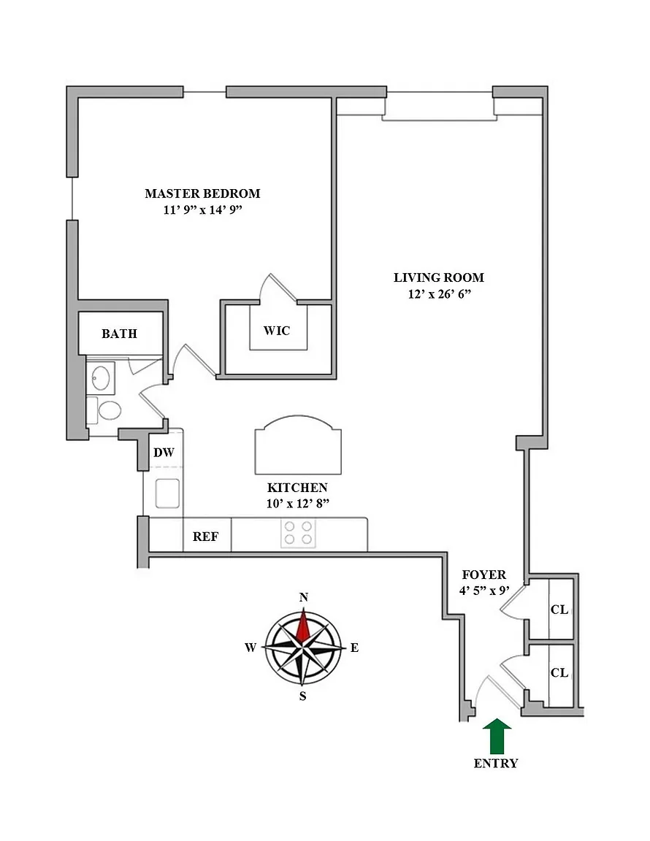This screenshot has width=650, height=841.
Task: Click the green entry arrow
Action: pos(498,736)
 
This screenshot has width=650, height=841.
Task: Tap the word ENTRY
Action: pos(496,764)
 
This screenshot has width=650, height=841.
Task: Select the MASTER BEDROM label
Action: pos(202,193)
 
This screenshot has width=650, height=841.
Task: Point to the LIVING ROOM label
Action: pos(439,277)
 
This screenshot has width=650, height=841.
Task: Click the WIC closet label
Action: pos(277,331)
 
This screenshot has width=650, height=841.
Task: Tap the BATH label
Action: pos(119,334)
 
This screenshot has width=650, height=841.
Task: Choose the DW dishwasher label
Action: pos(164,453)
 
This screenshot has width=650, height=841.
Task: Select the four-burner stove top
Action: pos(298,533)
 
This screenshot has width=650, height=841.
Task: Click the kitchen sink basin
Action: pos(167,493)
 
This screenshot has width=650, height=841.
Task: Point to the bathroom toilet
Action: pos(109,410)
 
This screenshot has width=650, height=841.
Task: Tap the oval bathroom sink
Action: pos(100,377)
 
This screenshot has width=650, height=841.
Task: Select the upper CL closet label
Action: pos(559,610)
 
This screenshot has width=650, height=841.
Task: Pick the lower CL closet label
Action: pos(559,673)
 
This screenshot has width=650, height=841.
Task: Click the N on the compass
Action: pos(304,598)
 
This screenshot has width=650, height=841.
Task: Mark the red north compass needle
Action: pos(304,625)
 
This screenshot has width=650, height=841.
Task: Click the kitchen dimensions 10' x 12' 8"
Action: pos(297,502)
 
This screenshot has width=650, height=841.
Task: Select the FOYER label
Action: pos(483,575)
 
